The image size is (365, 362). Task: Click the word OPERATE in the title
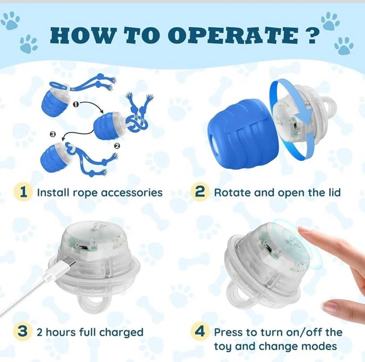[x=233, y=36]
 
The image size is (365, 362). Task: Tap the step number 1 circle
[x=22, y=192]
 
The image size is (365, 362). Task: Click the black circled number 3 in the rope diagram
[x=53, y=134]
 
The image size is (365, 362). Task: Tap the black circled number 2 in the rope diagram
[x=117, y=146]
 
